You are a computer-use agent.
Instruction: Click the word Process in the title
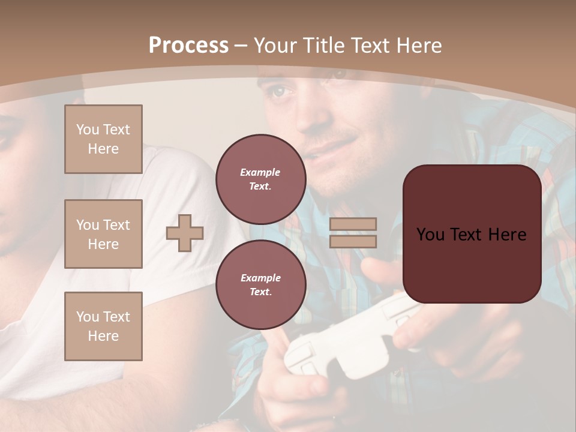click(188, 46)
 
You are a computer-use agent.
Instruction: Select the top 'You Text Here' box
click(103, 139)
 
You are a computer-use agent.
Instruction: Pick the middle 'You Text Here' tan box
click(103, 234)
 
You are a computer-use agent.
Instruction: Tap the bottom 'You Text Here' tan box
click(103, 326)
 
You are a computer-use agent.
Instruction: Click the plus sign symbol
click(185, 233)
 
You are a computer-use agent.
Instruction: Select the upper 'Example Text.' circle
click(260, 179)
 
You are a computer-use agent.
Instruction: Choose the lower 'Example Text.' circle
click(260, 284)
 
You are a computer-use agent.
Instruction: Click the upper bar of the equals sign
click(353, 224)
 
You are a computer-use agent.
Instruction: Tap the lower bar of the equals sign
click(353, 241)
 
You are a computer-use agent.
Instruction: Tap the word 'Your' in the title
click(274, 46)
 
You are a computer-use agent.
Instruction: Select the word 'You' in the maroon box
click(431, 235)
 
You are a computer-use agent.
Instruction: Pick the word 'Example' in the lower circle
click(260, 278)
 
